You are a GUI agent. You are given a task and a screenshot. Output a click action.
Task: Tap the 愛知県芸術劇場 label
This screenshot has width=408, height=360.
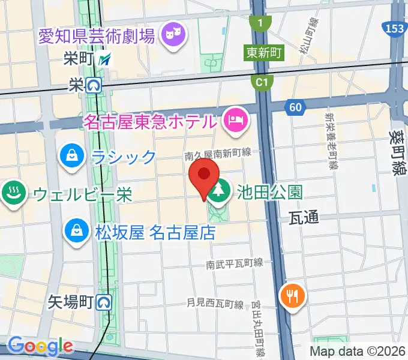coord(96,35)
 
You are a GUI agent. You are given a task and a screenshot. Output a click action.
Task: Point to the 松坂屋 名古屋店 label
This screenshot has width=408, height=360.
coord(154,232)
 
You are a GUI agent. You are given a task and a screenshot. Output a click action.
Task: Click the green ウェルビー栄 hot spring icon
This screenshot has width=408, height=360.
coord(12,193)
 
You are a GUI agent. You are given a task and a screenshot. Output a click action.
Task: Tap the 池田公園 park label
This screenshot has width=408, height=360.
coord(269,193)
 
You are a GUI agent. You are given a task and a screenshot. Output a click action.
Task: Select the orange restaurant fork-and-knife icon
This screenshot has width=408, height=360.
coord(293,295)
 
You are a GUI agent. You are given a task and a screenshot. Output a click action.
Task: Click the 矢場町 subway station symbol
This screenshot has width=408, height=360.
coord(104,302)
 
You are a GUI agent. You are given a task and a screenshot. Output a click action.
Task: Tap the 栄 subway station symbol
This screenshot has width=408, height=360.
coord(93,86)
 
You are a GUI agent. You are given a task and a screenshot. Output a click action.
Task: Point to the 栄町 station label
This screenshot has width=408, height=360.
coord(79,59)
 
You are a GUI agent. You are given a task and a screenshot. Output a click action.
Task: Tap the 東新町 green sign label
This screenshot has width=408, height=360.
coord(263,53)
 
